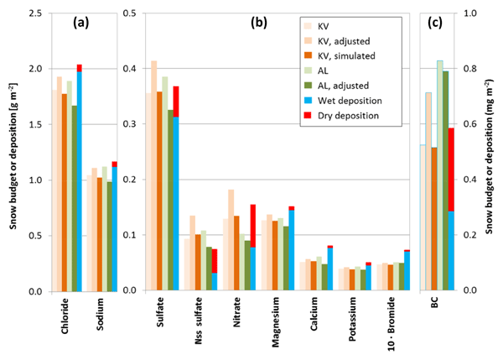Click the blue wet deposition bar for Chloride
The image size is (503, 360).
[x=80, y=180]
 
